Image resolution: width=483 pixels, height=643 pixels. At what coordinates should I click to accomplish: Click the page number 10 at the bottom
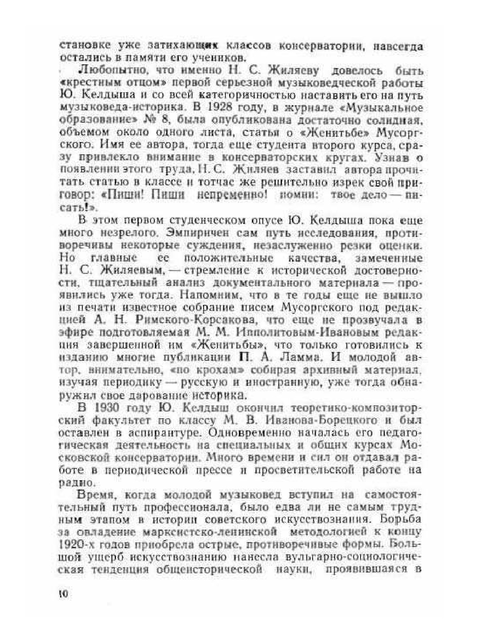tap(63, 594)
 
